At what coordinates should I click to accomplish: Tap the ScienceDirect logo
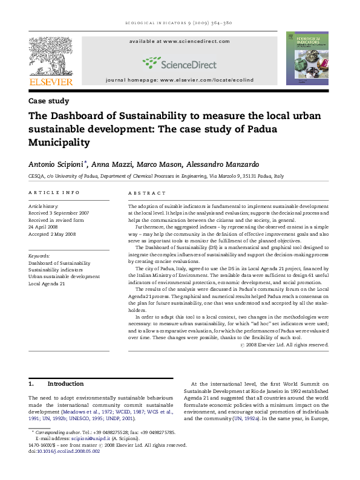click(179, 62)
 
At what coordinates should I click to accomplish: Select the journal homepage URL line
click(180, 80)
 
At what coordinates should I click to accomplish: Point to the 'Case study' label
click(49, 102)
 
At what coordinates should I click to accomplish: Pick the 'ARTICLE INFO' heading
click(54, 193)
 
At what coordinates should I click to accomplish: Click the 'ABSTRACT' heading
click(147, 193)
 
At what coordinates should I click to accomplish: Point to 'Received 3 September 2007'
click(59, 213)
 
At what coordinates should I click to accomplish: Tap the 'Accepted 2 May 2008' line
click(53, 233)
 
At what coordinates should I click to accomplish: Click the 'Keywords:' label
click(39, 256)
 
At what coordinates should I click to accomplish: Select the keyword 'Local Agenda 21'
click(47, 284)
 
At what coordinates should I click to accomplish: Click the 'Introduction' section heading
click(65, 384)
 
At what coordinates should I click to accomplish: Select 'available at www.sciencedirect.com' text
click(180, 41)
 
